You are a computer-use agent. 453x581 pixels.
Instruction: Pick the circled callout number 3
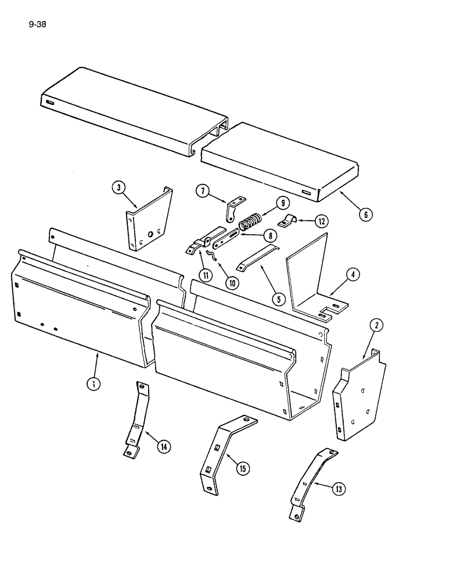(118, 188)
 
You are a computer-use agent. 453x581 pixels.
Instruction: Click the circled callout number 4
(352, 274)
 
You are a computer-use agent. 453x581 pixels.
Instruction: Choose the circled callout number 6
(365, 214)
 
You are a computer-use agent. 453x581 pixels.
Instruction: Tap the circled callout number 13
(339, 489)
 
